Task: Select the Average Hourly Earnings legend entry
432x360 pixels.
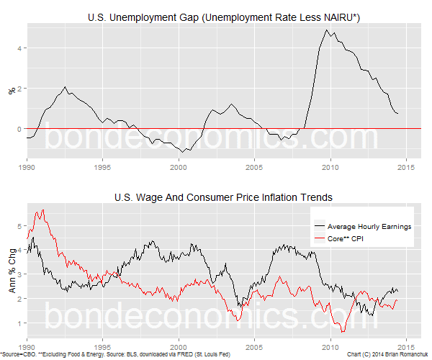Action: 368,225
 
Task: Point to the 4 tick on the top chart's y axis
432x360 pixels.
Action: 20,48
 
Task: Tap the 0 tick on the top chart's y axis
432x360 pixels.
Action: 20,128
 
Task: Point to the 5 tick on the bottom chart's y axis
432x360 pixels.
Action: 20,225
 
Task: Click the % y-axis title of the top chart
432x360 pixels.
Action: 11,91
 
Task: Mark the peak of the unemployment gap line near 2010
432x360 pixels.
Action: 327,30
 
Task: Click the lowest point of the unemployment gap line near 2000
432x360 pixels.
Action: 185,152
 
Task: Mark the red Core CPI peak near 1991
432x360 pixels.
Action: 42,210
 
